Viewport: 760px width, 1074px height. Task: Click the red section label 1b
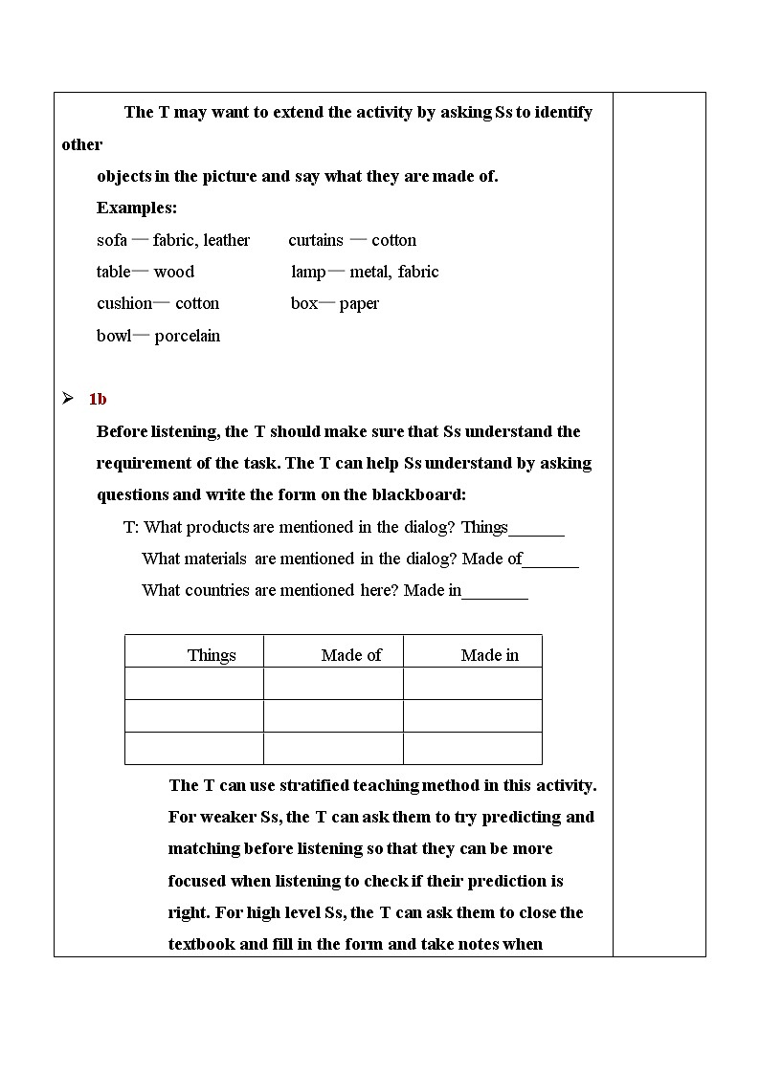pos(98,400)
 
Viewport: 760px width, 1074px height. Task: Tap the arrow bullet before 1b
pos(68,399)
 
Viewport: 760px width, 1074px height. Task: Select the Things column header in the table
pos(212,655)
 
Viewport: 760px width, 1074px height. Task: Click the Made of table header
pos(351,655)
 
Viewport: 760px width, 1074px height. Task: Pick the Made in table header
pos(490,655)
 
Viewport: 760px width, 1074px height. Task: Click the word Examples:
pos(137,208)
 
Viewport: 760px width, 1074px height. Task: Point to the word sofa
pos(112,240)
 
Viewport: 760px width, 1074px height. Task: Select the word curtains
pos(315,240)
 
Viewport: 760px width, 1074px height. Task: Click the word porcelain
pos(188,336)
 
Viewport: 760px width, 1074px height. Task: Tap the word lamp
pos(308,272)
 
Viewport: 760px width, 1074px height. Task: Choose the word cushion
pos(124,303)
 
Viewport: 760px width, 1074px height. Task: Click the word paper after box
pos(359,303)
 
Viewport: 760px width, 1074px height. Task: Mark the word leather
pos(227,240)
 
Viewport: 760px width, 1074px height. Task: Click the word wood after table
pos(173,272)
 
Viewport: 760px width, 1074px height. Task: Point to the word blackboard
pos(415,494)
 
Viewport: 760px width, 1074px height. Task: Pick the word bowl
pos(113,336)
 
